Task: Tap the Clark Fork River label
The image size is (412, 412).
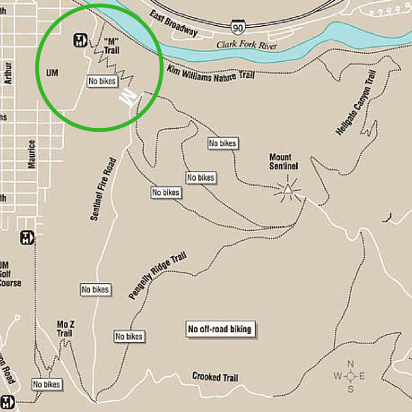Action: click(x=247, y=46)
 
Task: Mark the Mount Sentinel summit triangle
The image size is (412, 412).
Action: click(x=288, y=188)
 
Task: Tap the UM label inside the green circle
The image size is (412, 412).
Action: click(x=52, y=72)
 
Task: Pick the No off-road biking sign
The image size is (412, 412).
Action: click(x=219, y=329)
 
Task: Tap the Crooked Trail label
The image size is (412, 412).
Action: click(x=215, y=377)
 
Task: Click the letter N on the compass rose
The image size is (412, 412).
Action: click(x=350, y=364)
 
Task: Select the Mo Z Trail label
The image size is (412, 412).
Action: click(x=65, y=329)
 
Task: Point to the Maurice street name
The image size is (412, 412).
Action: click(x=32, y=154)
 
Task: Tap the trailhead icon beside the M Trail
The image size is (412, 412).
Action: click(x=79, y=40)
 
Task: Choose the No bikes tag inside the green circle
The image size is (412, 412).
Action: click(x=102, y=82)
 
